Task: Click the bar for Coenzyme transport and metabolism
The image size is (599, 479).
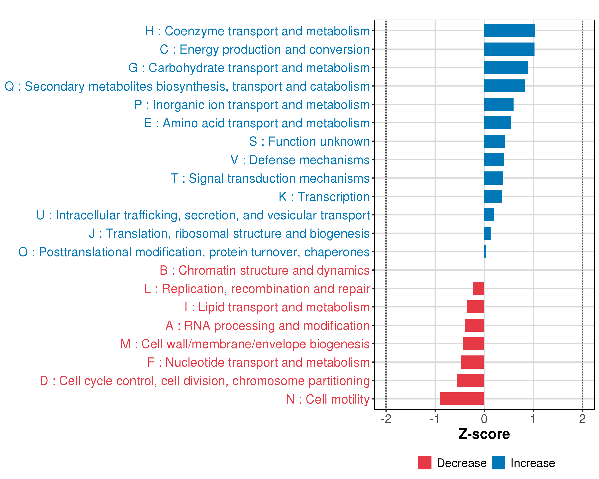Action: [510, 31]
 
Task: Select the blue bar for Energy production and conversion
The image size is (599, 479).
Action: [509, 49]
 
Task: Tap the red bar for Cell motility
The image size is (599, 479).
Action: [462, 399]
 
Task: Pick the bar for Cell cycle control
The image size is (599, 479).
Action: [470, 380]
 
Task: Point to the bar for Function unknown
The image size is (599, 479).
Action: [494, 141]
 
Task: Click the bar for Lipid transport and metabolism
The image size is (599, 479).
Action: [475, 307]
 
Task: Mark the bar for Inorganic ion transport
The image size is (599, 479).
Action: [499, 104]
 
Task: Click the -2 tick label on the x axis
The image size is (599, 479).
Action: [386, 419]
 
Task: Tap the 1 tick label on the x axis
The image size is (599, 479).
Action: [533, 419]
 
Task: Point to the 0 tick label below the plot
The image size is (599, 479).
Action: [484, 419]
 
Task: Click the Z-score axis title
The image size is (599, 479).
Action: [484, 434]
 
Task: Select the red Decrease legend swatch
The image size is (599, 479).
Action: [424, 463]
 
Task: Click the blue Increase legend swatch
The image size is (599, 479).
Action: [498, 463]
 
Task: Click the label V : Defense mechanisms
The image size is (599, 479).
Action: [300, 160]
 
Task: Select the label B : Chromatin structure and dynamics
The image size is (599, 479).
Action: [265, 270]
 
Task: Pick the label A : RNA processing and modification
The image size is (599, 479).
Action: [268, 326]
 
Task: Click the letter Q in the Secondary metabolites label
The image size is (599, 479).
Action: [9, 86]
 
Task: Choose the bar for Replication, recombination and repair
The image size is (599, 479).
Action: [478, 289]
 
